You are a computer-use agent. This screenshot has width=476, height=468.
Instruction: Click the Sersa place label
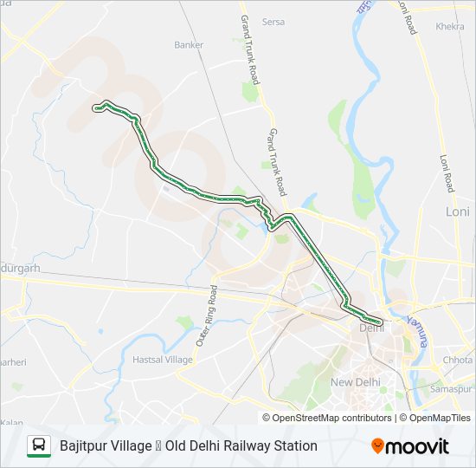pyautogui.click(x=273, y=22)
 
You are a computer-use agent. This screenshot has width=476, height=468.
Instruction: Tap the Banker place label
pyautogui.click(x=188, y=45)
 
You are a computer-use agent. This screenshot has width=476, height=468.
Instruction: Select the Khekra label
pyautogui.click(x=450, y=27)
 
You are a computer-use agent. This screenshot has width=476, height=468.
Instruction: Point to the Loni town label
pyautogui.click(x=457, y=211)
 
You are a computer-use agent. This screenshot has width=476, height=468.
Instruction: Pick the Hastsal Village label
pyautogui.click(x=163, y=360)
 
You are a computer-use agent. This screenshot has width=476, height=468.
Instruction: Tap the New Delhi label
pyautogui.click(x=353, y=382)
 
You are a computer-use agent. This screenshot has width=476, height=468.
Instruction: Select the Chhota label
pyautogui.click(x=458, y=360)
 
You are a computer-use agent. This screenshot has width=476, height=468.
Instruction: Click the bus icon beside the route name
pyautogui.click(x=39, y=445)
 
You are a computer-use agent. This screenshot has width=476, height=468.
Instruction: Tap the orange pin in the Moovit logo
pyautogui.click(x=377, y=446)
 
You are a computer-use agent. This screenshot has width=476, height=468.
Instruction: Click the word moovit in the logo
pyautogui.click(x=417, y=446)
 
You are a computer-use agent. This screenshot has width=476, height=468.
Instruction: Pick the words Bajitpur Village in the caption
pyautogui.click(x=106, y=445)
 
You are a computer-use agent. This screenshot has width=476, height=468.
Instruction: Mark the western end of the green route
pyautogui.click(x=95, y=108)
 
